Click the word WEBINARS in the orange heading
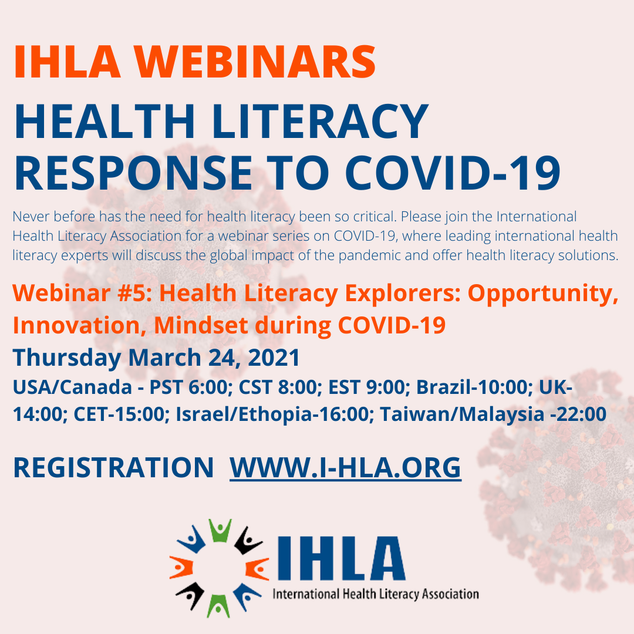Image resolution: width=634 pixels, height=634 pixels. [255, 62]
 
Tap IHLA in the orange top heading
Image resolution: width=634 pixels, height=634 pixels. [67, 62]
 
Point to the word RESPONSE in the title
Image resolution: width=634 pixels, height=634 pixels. [133, 173]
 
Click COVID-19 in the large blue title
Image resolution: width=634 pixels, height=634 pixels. [453, 173]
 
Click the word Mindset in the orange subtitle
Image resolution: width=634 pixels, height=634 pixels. [201, 325]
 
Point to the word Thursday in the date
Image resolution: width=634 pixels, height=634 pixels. [67, 358]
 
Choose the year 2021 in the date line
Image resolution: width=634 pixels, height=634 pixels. [274, 358]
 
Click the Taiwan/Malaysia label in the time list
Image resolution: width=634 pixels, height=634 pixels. [462, 414]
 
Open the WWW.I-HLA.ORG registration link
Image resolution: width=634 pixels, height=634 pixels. [345, 468]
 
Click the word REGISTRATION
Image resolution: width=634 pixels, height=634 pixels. [113, 468]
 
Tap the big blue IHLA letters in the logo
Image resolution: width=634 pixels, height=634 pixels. [341, 558]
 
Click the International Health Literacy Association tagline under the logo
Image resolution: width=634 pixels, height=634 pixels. [376, 594]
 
